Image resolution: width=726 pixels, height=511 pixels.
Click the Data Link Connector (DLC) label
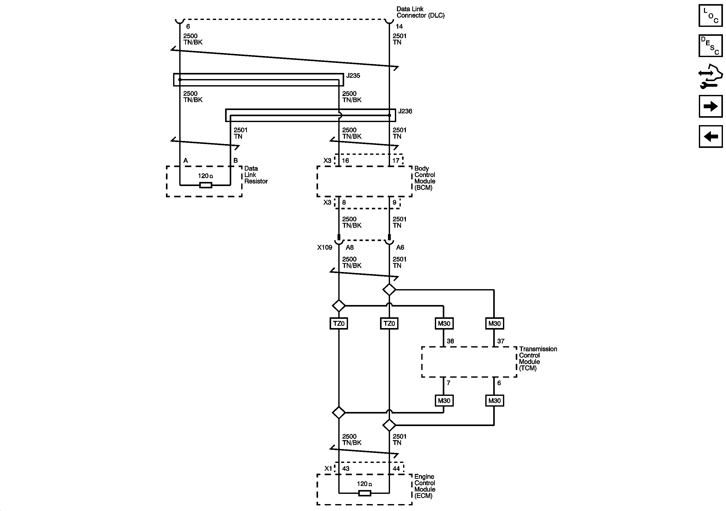point(420,12)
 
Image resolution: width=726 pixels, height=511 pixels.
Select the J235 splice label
point(353,75)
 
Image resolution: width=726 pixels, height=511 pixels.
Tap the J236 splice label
point(405,111)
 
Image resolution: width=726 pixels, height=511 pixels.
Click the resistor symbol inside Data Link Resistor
point(206,185)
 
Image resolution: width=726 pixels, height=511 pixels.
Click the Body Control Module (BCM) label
point(425,178)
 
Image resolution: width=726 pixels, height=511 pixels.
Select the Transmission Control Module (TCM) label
point(538,358)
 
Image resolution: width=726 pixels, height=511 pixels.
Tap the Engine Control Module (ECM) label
point(425,486)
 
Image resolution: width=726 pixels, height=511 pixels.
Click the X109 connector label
point(324,247)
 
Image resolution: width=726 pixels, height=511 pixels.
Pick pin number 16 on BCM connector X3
point(345,160)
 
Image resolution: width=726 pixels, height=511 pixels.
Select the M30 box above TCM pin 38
point(444,323)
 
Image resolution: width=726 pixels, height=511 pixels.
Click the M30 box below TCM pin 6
point(494,401)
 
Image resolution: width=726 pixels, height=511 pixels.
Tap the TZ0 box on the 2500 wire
point(339,323)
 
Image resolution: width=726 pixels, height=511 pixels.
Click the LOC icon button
point(710,16)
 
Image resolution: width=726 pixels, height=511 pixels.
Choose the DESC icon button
point(710,46)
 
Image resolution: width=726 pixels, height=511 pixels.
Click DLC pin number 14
point(399,27)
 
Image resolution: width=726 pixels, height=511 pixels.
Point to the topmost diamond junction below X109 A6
point(389,289)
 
